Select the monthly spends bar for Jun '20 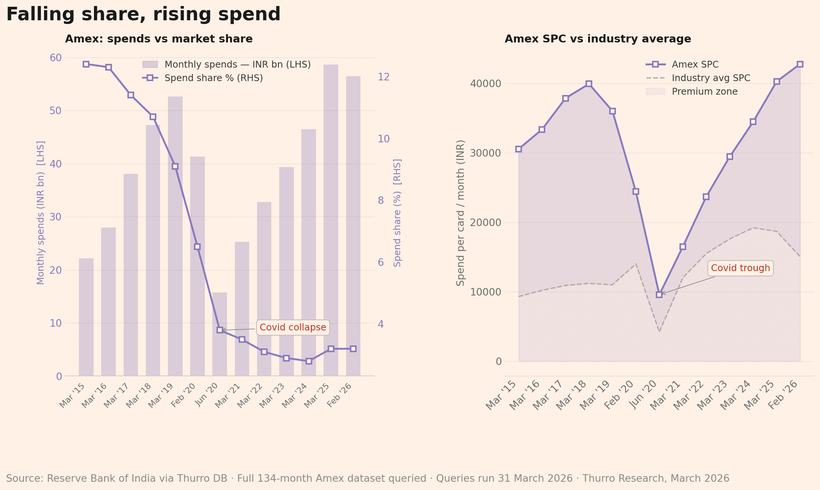(x=219, y=334)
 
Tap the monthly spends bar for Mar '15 (x=86, y=317)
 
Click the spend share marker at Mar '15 (x=86, y=64)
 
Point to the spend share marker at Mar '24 (x=309, y=361)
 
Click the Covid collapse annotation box (x=293, y=327)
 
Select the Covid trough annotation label (x=740, y=268)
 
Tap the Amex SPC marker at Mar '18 (x=589, y=84)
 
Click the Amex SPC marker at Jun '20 (x=659, y=295)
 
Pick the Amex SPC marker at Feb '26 (x=800, y=64)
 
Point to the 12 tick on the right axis (x=384, y=77)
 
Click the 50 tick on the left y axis (x=56, y=111)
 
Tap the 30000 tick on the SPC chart (x=486, y=153)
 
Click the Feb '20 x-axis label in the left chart (x=184, y=395)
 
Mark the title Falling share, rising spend (x=143, y=14)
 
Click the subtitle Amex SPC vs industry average (x=598, y=39)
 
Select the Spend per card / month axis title (x=461, y=213)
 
